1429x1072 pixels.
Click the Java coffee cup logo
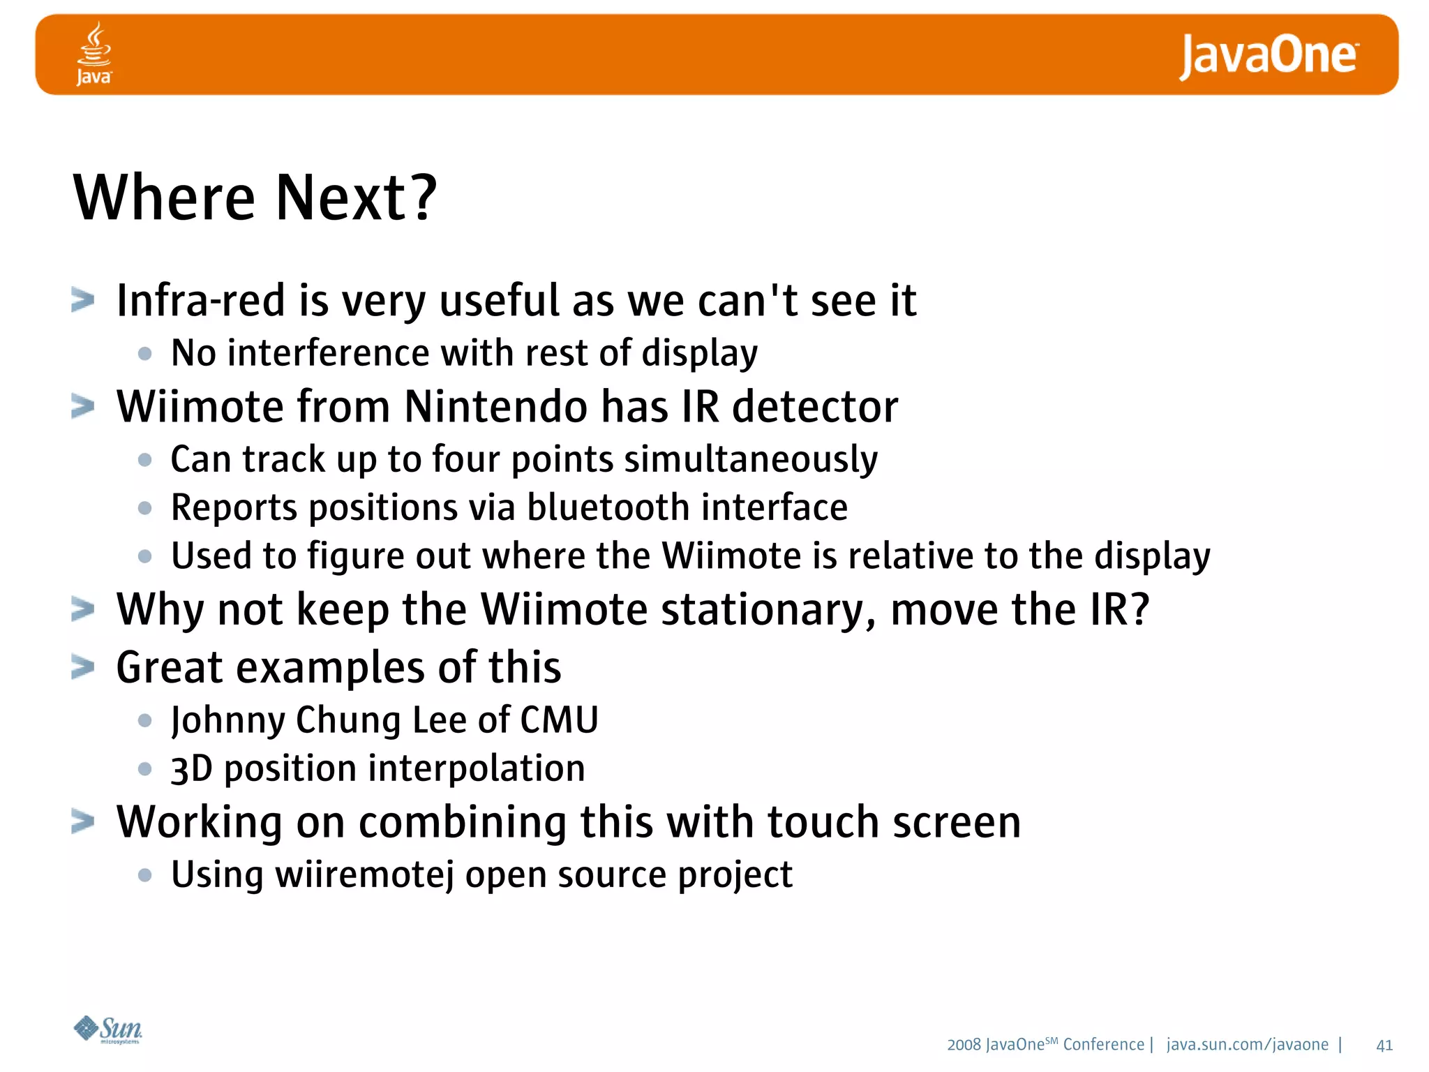tap(93, 53)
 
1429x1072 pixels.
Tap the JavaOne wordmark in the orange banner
tap(1269, 56)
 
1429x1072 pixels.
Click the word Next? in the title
tap(356, 198)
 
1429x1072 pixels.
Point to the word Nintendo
tap(495, 407)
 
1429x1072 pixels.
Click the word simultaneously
tap(751, 460)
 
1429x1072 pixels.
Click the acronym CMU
tap(559, 720)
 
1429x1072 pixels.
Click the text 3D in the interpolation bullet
tap(191, 769)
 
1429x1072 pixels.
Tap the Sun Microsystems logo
tap(108, 1029)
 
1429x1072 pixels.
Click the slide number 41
tap(1384, 1045)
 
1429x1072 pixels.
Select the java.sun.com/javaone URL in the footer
tap(1248, 1045)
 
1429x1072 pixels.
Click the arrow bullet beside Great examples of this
tap(82, 668)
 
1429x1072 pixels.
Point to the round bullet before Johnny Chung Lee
tap(145, 721)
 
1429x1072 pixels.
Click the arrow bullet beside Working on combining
tap(82, 822)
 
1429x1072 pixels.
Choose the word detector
tap(815, 407)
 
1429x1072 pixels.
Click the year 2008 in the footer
tap(964, 1045)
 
